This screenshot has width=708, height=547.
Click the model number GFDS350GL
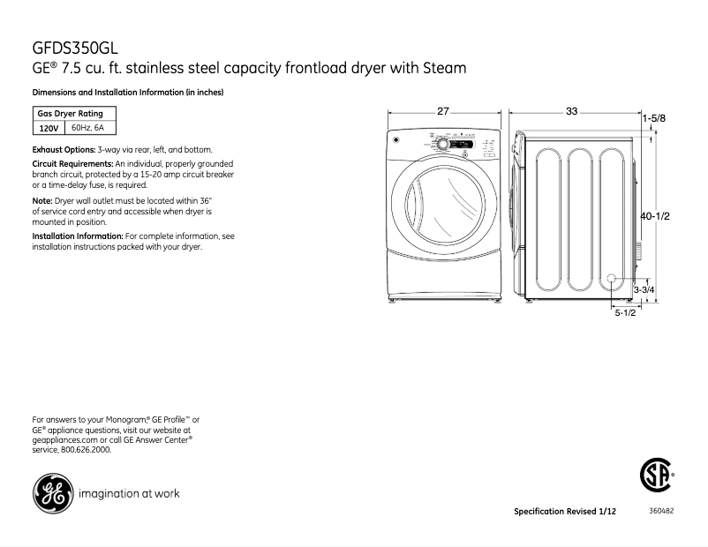click(x=75, y=48)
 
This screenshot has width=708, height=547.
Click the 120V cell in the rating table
click(x=48, y=129)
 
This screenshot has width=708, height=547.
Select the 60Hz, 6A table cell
click(x=87, y=129)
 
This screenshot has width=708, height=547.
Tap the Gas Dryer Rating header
click(x=70, y=114)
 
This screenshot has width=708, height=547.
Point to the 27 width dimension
click(x=443, y=112)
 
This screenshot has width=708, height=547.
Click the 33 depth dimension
click(x=572, y=112)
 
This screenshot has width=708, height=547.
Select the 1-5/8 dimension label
click(x=654, y=117)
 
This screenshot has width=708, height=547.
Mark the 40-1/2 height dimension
click(x=658, y=215)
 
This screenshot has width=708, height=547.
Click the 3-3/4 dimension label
click(x=644, y=289)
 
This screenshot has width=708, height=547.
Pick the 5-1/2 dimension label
click(x=625, y=313)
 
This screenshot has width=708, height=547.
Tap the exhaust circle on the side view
click(x=612, y=279)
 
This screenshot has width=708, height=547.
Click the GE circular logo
click(x=52, y=492)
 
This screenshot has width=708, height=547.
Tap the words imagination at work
click(x=130, y=493)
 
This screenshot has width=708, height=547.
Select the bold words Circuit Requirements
click(x=73, y=165)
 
